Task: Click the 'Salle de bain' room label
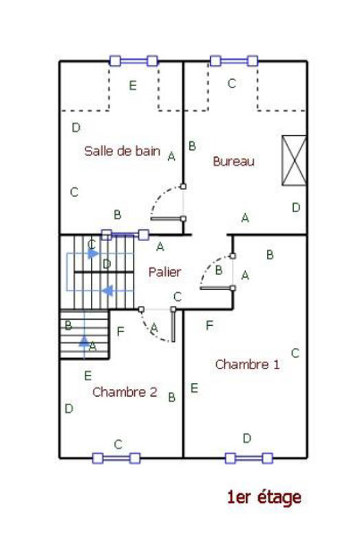tap(122, 151)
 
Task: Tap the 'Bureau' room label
tap(234, 162)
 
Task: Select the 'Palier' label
tap(165, 272)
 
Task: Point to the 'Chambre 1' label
tap(247, 364)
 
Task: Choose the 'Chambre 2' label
tap(125, 392)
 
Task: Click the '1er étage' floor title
tap(264, 497)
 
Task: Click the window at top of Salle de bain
tap(134, 61)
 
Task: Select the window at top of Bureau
tap(234, 61)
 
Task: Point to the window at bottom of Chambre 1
tap(248, 457)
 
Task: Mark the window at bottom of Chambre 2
tap(116, 457)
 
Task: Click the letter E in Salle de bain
tap(133, 86)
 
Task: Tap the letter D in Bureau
tap(296, 207)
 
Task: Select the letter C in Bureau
tap(232, 84)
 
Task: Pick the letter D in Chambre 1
tap(246, 438)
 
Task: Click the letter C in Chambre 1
tap(295, 353)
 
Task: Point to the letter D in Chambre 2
tap(69, 408)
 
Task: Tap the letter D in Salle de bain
tap(76, 127)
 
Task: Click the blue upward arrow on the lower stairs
tap(84, 340)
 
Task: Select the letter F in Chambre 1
tap(209, 324)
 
